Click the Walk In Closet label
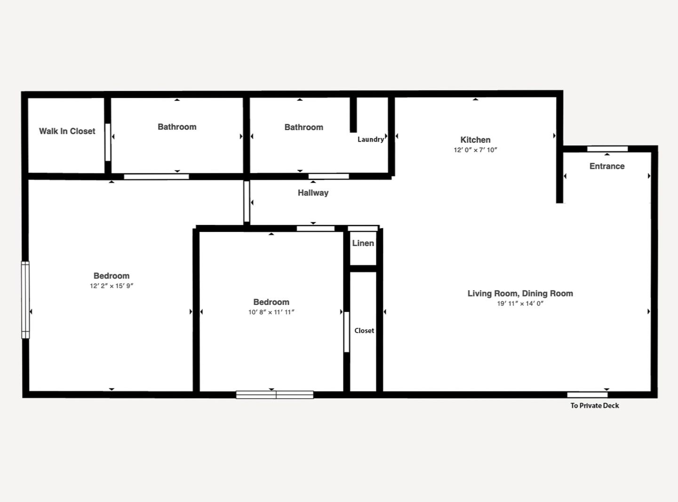pos(67,131)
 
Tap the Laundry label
pos(370,139)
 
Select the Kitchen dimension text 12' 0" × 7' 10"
pos(475,150)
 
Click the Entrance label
pos(607,166)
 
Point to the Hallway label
pos(313,192)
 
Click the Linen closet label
pos(363,243)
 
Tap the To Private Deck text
pos(595,406)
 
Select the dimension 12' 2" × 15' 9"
pos(111,286)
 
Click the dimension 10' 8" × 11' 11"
pos(271,312)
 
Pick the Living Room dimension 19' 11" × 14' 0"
pos(520,303)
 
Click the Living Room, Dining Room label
pos(520,294)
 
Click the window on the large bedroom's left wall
pos(25,300)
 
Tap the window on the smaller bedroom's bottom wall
pos(274,395)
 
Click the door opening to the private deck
pos(587,395)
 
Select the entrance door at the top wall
pos(607,149)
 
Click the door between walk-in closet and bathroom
pos(108,142)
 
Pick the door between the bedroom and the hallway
pos(247,201)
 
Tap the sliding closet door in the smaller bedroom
pos(346,332)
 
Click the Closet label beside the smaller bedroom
pos(364,330)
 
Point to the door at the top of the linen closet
pos(363,228)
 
